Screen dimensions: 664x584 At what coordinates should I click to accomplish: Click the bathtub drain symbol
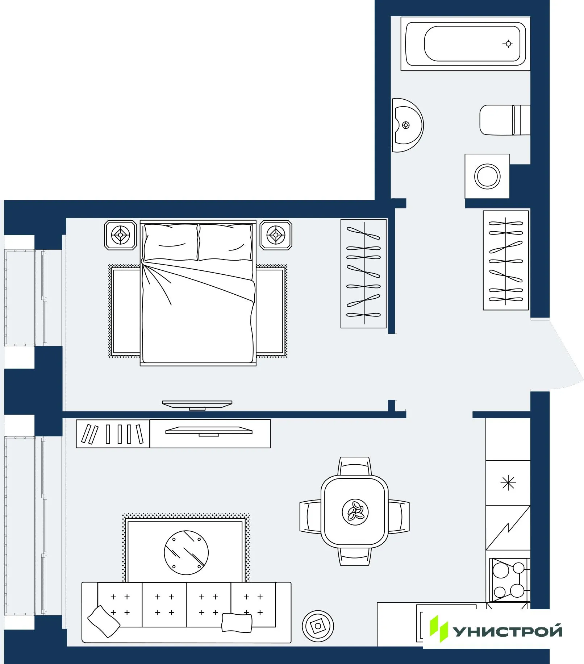[x=508, y=44]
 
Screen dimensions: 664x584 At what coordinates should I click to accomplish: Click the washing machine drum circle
[x=487, y=177]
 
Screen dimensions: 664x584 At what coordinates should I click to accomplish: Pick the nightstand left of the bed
[x=120, y=235]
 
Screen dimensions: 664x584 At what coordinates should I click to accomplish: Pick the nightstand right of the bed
[x=276, y=235]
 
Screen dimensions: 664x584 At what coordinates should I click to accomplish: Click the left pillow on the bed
[x=170, y=242]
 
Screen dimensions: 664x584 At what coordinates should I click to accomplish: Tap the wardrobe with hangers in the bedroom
[x=363, y=274]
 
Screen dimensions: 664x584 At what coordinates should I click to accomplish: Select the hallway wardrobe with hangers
[x=506, y=261]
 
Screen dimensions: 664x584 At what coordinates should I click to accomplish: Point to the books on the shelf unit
[x=113, y=434]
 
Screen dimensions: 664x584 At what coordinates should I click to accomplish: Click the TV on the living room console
[x=209, y=431]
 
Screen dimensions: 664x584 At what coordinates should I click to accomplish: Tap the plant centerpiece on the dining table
[x=355, y=512]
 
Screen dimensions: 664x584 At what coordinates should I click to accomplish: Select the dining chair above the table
[x=355, y=466]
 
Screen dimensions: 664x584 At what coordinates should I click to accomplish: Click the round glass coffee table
[x=186, y=552]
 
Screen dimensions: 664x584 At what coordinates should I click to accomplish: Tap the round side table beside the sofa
[x=318, y=626]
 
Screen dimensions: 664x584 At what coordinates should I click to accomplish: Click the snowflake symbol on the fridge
[x=508, y=483]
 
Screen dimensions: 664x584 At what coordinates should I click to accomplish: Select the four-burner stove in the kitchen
[x=509, y=580]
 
